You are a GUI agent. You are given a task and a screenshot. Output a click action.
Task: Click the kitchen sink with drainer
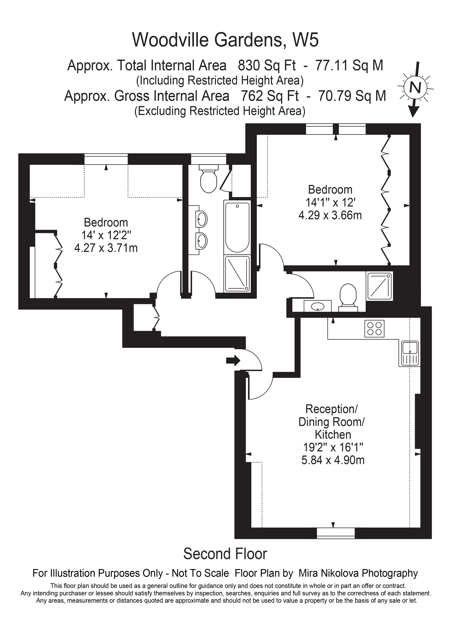[x=410, y=353]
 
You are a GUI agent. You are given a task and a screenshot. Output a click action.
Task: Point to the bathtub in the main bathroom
[x=237, y=227]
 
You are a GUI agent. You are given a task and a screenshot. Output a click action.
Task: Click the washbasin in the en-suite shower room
[x=317, y=306]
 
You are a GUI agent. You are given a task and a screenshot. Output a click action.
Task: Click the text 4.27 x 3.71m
[x=106, y=248]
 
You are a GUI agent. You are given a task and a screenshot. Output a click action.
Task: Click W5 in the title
[x=306, y=40]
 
